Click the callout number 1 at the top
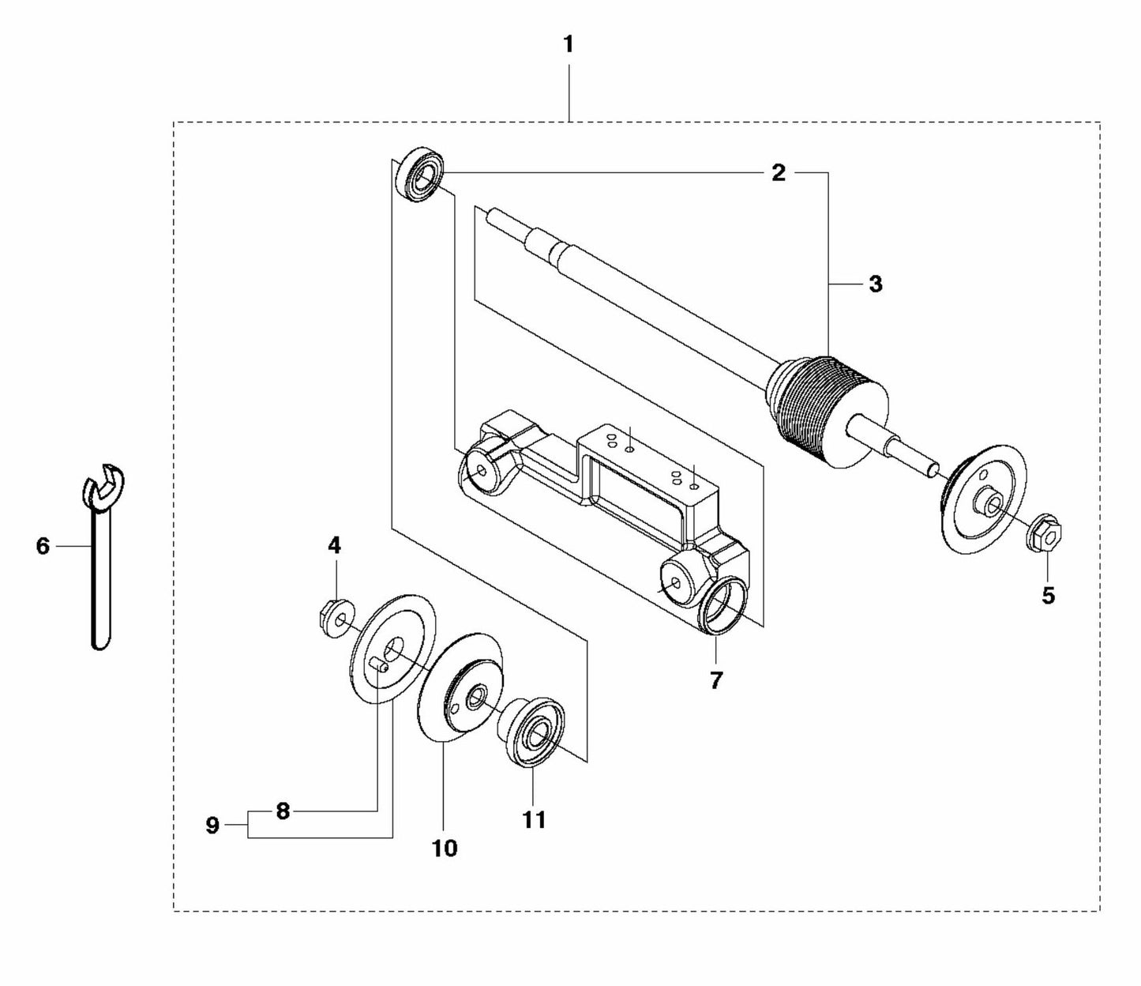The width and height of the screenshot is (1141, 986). pos(568,45)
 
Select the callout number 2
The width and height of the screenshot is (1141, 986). pos(779,174)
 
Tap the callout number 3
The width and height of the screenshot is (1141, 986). pos(876,284)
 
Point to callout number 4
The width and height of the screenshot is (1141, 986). pos(334,545)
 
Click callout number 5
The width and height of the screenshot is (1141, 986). pos(1048,596)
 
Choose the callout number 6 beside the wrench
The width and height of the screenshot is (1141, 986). pos(43,546)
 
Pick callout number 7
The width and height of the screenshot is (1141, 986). pos(715,680)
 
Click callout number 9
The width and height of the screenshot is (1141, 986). pos(212,826)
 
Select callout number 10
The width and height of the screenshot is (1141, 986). pos(445,849)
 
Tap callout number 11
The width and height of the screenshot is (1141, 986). pos(534,820)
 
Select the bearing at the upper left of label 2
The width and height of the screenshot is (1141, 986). pos(422,174)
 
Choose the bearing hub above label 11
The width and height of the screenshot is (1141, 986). pos(531,731)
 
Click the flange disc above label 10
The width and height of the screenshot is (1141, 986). pos(460,687)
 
